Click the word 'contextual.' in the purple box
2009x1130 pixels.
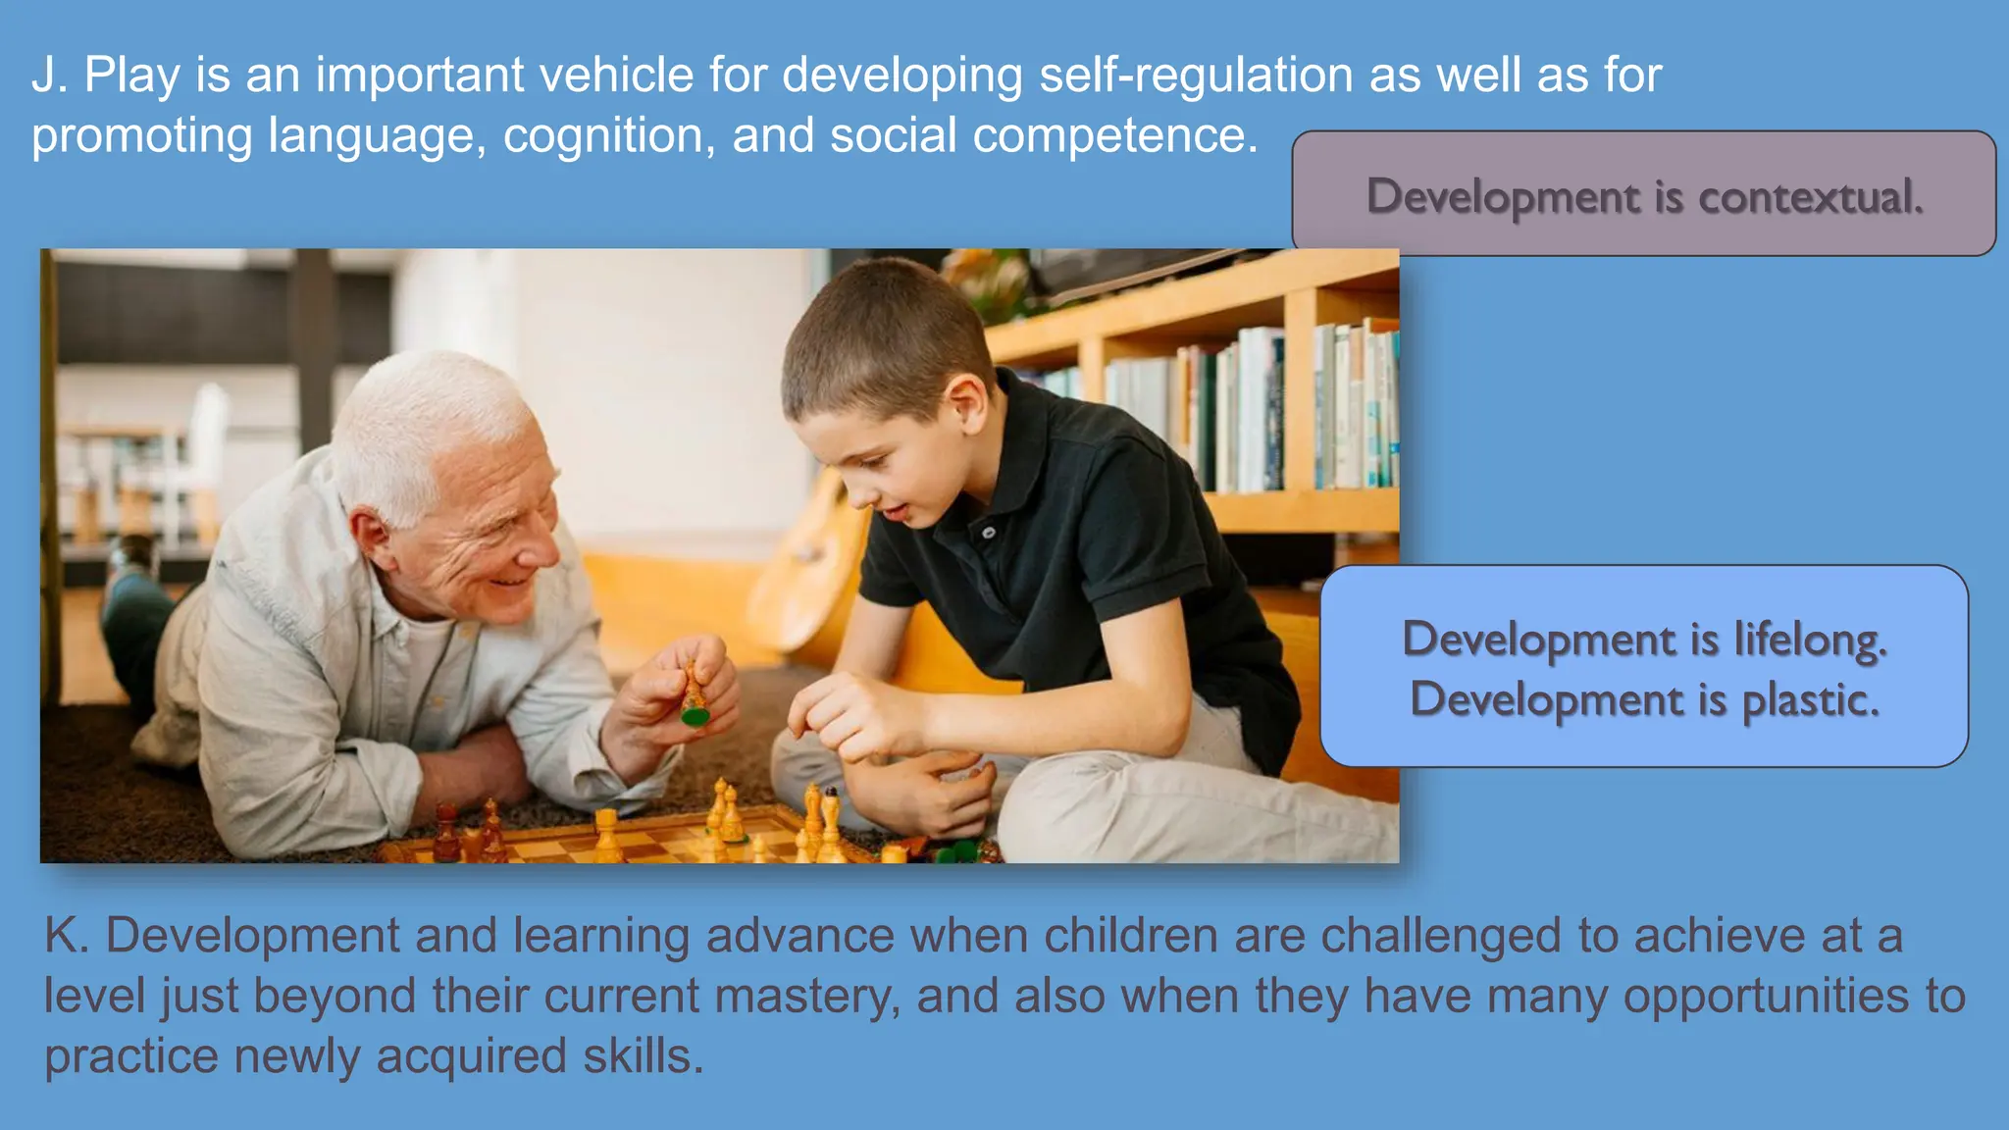[x=1811, y=197]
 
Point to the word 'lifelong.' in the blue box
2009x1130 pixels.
[x=1810, y=640]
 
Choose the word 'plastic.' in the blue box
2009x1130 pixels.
[x=1811, y=700]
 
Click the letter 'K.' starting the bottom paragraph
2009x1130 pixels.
[x=67, y=936]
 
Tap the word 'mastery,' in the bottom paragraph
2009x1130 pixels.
[x=807, y=997]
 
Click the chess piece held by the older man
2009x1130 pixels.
[x=695, y=698]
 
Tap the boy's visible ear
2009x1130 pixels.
[x=966, y=402]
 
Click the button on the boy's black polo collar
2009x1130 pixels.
[x=989, y=533]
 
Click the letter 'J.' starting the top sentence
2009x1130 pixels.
[x=49, y=76]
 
